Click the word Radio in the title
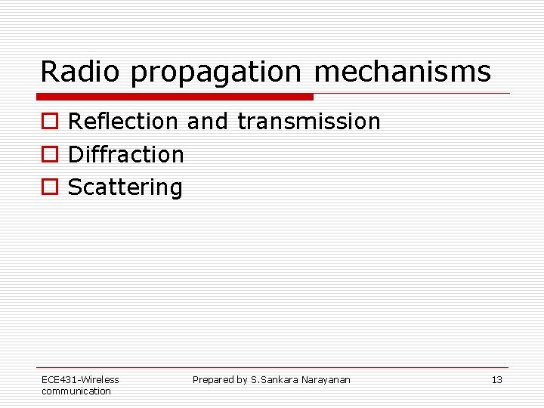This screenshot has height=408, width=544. [81, 72]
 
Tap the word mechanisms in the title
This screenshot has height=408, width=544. [402, 72]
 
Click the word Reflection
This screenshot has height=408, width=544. [123, 121]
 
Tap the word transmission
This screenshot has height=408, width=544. [309, 121]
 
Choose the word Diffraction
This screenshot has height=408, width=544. [126, 154]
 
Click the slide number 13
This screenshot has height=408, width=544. [496, 380]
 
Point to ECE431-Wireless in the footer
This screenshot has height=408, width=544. [80, 380]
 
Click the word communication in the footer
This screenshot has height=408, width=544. [76, 391]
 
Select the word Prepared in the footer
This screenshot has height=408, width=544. [213, 380]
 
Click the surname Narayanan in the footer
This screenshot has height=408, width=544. [326, 380]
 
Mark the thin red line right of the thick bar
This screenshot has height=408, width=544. [412, 94]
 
